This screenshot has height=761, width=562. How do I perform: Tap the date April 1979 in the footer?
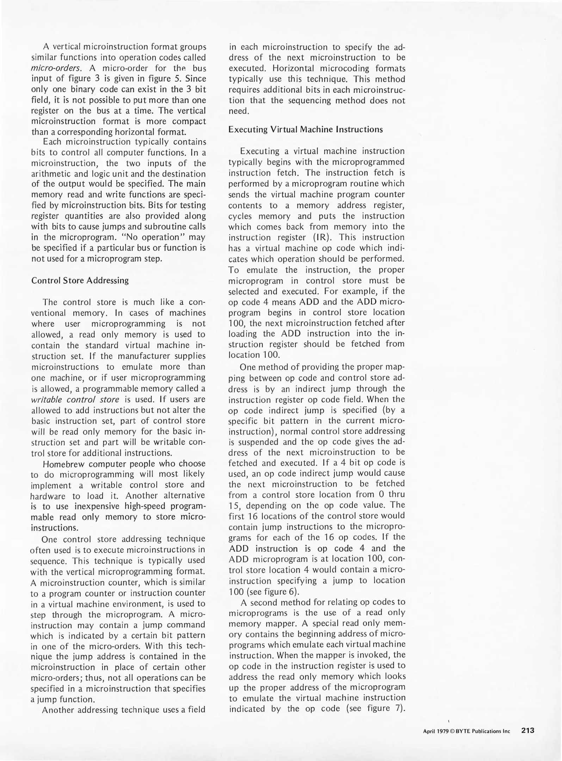click(436, 731)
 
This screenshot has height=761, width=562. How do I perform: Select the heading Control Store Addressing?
click(80, 280)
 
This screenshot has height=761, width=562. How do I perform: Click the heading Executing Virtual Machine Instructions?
click(305, 129)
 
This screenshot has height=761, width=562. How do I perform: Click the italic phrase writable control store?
click(75, 400)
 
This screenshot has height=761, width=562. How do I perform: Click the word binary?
click(83, 89)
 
